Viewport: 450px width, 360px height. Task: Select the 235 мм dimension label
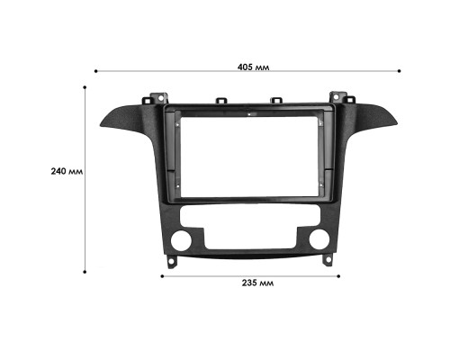tap(257, 282)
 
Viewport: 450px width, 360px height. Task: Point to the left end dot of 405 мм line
tap(96, 70)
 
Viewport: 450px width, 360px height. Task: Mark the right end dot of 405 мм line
tap(403, 70)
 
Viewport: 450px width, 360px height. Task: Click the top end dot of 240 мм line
tap(85, 87)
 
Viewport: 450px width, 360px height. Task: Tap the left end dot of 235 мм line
tap(163, 274)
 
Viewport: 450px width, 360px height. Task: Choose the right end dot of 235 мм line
tap(339, 274)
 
